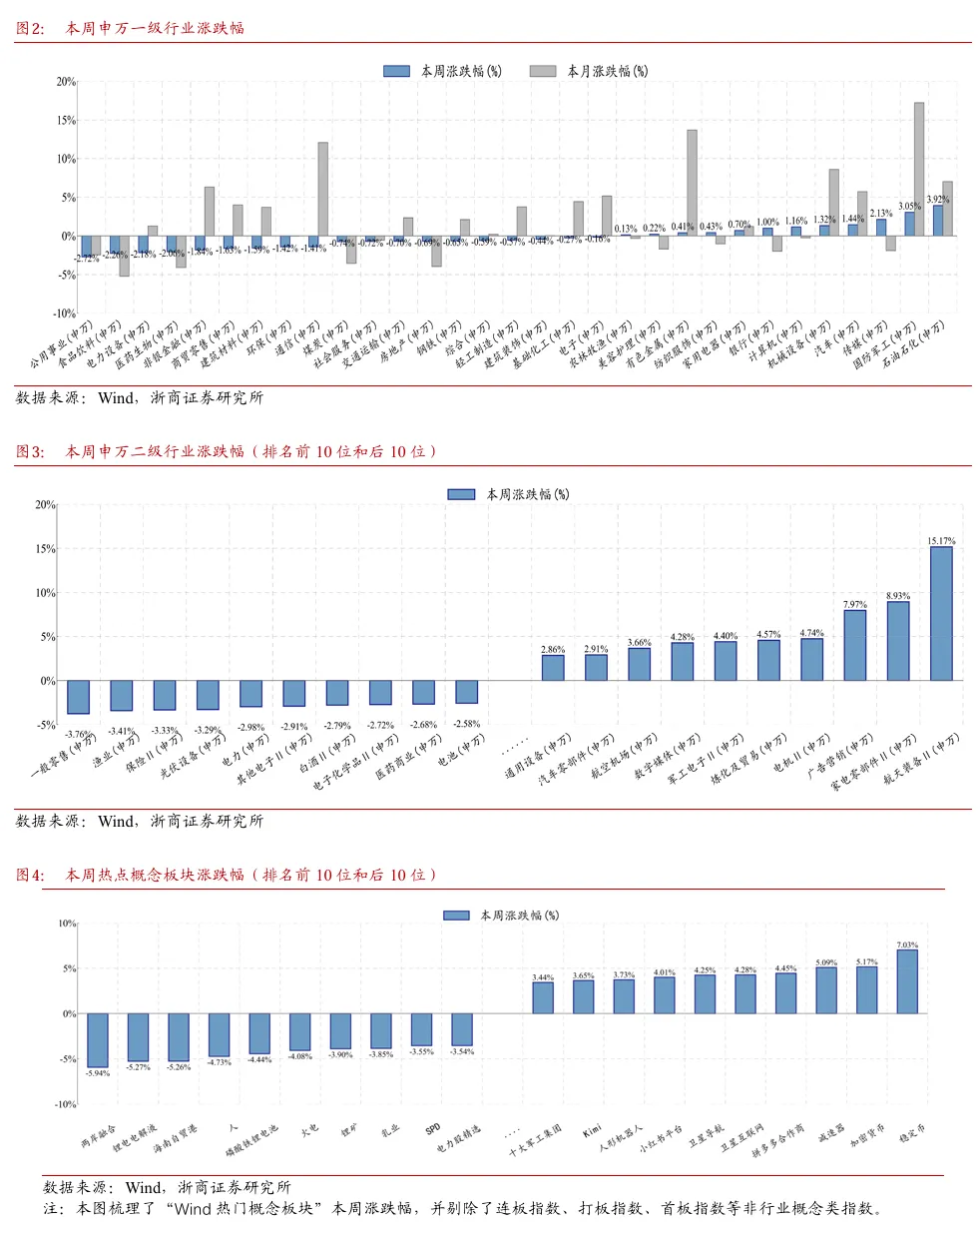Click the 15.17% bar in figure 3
pos(941,613)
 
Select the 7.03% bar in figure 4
pos(907,980)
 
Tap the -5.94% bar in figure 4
pos(98,1039)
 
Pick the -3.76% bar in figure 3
pos(78,697)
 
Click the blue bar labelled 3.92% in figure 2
pos(938,220)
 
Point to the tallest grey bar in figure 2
pos(919,169)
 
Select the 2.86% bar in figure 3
pos(553,668)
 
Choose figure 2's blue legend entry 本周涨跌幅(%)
pos(443,71)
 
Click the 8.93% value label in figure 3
pos(898,596)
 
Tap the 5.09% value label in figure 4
pos(826,962)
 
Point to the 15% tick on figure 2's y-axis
pos(66,120)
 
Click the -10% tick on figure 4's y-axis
pos(65,1104)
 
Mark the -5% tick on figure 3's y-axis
pos(47,725)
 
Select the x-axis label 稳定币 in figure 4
pos(912,1133)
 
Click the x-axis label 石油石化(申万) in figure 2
pos(913,344)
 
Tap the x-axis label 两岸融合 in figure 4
pos(98,1136)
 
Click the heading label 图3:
pos(30,451)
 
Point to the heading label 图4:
pos(30,875)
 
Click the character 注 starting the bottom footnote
pos(51,1208)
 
